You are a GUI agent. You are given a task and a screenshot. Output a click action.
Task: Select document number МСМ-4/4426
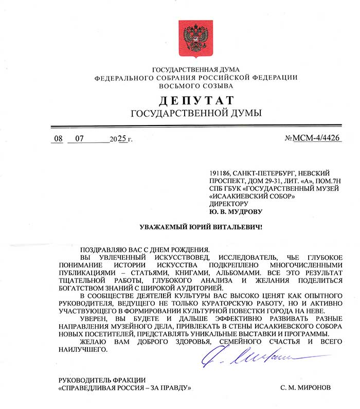319,138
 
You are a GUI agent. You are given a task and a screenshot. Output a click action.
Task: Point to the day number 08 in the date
60,139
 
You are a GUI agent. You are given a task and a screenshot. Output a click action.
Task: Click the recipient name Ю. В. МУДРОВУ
236,211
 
